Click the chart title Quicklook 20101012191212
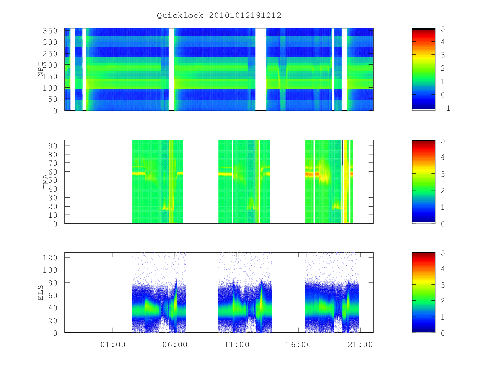[219, 15]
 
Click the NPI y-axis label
[41, 69]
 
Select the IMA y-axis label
[46, 182]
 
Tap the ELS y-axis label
[40, 293]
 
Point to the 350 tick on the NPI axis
[50, 31]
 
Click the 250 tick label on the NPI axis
[50, 54]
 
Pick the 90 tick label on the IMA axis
[53, 145]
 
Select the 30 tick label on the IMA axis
[53, 198]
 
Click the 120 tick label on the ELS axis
[50, 258]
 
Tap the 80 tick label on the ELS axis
[53, 283]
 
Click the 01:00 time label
[113, 345]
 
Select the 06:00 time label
[175, 345]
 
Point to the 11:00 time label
[237, 345]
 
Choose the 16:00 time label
[298, 345]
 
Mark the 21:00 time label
[360, 345]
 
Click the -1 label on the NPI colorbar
[445, 108]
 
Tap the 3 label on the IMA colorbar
[443, 174]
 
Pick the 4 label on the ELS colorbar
[443, 269]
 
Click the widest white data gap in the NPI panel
[261, 69]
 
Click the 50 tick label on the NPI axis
[53, 99]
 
